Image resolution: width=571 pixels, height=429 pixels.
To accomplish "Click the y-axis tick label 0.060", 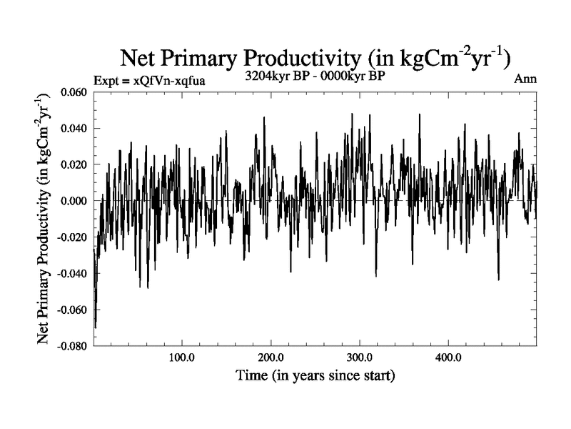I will pyautogui.click(x=73, y=93).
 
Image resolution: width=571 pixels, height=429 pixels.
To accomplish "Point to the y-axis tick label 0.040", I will pyautogui.click(x=73, y=129).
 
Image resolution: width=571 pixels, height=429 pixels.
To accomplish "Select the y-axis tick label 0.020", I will pyautogui.click(x=73, y=165).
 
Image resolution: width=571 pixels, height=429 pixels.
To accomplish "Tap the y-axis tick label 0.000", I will pyautogui.click(x=73, y=201).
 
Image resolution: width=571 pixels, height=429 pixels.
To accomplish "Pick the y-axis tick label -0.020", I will pyautogui.click(x=71, y=237).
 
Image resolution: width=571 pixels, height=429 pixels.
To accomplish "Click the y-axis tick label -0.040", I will pyautogui.click(x=71, y=273).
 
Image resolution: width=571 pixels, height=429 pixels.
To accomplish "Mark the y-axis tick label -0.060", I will pyautogui.click(x=71, y=310).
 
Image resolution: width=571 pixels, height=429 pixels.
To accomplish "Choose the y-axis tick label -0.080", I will pyautogui.click(x=71, y=345).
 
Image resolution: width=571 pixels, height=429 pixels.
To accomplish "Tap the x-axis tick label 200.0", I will pyautogui.click(x=271, y=357).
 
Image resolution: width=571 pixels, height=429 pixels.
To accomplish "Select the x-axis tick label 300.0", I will pyautogui.click(x=359, y=357).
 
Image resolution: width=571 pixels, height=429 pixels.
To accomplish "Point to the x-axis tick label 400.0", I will pyautogui.click(x=448, y=357).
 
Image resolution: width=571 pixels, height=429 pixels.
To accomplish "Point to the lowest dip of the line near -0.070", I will pyautogui.click(x=95, y=327).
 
